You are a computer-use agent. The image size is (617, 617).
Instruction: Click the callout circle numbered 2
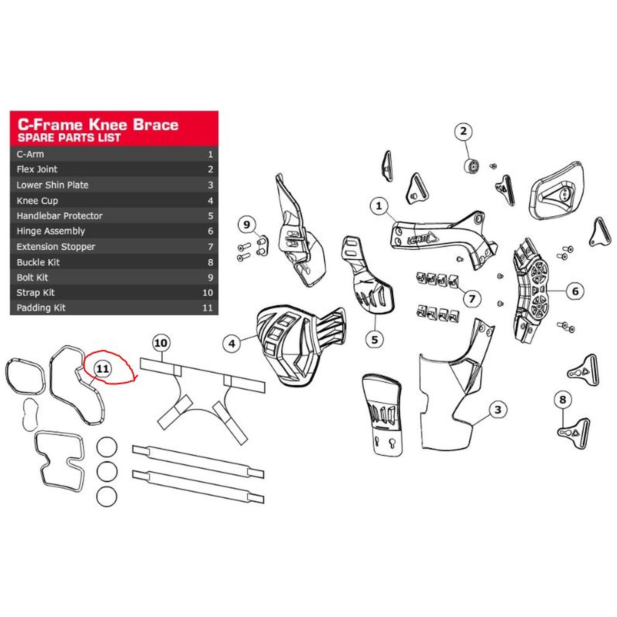[464, 131]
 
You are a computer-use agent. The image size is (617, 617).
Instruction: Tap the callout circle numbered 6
[575, 291]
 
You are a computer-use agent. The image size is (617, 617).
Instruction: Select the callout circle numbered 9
[247, 224]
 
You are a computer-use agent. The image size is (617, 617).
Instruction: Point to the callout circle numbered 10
[161, 343]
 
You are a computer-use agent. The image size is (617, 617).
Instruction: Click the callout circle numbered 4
[232, 343]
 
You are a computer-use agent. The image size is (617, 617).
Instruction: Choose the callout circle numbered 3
[498, 410]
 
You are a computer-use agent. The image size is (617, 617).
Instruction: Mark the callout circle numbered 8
[563, 399]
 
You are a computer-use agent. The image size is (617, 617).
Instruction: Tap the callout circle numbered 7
[472, 299]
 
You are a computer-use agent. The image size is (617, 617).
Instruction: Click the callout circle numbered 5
[374, 340]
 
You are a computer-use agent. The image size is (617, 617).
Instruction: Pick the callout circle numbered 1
[379, 206]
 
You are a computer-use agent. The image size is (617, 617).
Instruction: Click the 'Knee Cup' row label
[37, 201]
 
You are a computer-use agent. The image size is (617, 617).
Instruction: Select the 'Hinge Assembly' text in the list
[51, 231]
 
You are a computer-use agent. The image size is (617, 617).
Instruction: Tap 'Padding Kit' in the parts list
[41, 308]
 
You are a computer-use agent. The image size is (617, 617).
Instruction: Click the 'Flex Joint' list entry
[37, 169]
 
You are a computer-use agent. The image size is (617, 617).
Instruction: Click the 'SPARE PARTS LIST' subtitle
[69, 138]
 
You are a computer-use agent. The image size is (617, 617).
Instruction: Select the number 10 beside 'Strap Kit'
[208, 292]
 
